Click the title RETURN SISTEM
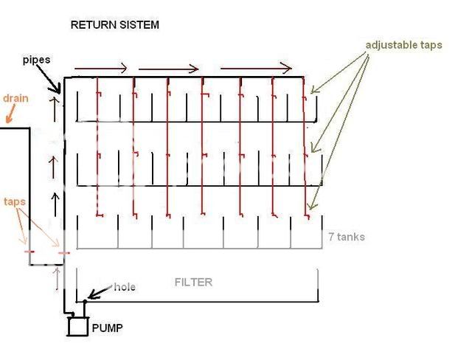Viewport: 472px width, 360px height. [114, 25]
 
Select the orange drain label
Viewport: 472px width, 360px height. [15, 99]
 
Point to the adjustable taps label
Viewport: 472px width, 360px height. [404, 45]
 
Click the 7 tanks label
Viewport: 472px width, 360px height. [347, 237]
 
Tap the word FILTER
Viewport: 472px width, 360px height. [192, 282]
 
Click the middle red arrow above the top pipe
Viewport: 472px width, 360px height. [168, 69]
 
